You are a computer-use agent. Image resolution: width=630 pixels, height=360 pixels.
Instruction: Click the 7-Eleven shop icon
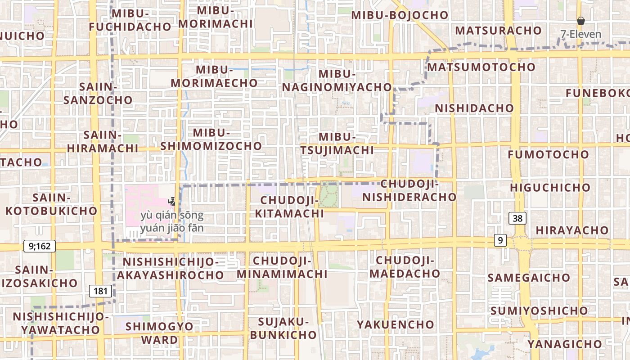click(581, 21)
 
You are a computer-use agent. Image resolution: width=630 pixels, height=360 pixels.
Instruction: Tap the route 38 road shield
click(517, 219)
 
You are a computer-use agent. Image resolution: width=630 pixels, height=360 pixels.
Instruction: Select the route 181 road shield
click(100, 291)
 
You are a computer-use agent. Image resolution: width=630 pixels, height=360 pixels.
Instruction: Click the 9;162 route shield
click(40, 246)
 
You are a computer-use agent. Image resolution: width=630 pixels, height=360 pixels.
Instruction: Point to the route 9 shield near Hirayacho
click(500, 241)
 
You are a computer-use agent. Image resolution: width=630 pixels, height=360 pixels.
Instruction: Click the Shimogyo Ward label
click(160, 333)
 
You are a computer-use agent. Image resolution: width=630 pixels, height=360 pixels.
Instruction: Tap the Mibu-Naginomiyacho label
click(337, 81)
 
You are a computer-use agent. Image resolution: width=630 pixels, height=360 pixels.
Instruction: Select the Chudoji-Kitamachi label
click(289, 207)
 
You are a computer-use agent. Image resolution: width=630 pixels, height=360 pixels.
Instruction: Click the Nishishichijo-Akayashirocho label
click(171, 268)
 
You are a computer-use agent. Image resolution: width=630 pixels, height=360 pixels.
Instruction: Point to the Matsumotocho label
click(481, 67)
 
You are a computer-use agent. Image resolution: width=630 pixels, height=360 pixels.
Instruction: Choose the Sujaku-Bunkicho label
click(283, 328)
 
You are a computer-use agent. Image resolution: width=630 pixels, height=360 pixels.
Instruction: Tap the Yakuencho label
click(396, 324)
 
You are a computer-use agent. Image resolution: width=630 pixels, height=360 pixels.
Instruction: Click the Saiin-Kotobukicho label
click(51, 204)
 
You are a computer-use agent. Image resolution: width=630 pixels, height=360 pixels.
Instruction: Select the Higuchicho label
click(550, 188)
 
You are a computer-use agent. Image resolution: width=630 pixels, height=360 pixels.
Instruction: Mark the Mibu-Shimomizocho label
click(211, 139)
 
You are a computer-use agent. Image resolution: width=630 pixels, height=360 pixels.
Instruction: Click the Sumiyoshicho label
click(539, 311)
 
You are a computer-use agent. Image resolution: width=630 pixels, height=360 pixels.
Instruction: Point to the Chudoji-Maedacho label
click(405, 267)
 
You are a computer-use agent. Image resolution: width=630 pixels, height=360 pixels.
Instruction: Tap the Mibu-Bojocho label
click(400, 15)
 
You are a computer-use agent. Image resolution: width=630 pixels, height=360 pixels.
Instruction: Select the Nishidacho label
click(474, 108)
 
